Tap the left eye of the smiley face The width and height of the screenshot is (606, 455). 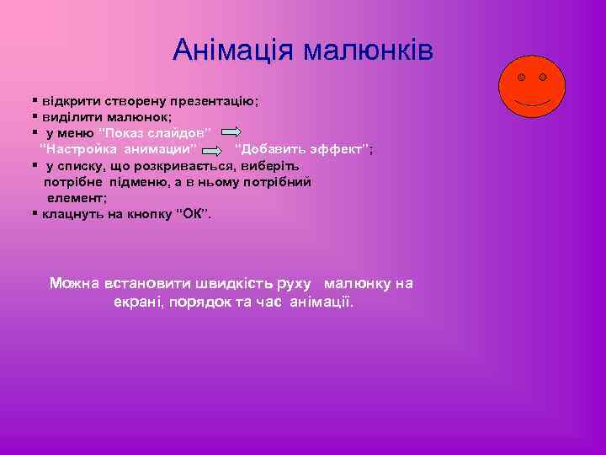coord(522,78)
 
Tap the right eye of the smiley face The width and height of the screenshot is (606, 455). coord(543,78)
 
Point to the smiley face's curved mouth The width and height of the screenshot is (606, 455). coord(533,102)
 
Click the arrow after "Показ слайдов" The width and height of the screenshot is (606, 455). coord(237,133)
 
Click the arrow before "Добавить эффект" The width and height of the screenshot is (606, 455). coord(215,150)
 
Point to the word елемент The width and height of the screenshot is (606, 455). coord(76,198)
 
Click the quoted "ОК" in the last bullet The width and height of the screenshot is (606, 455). coord(194,214)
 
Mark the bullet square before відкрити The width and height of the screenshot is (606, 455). coord(35,100)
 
